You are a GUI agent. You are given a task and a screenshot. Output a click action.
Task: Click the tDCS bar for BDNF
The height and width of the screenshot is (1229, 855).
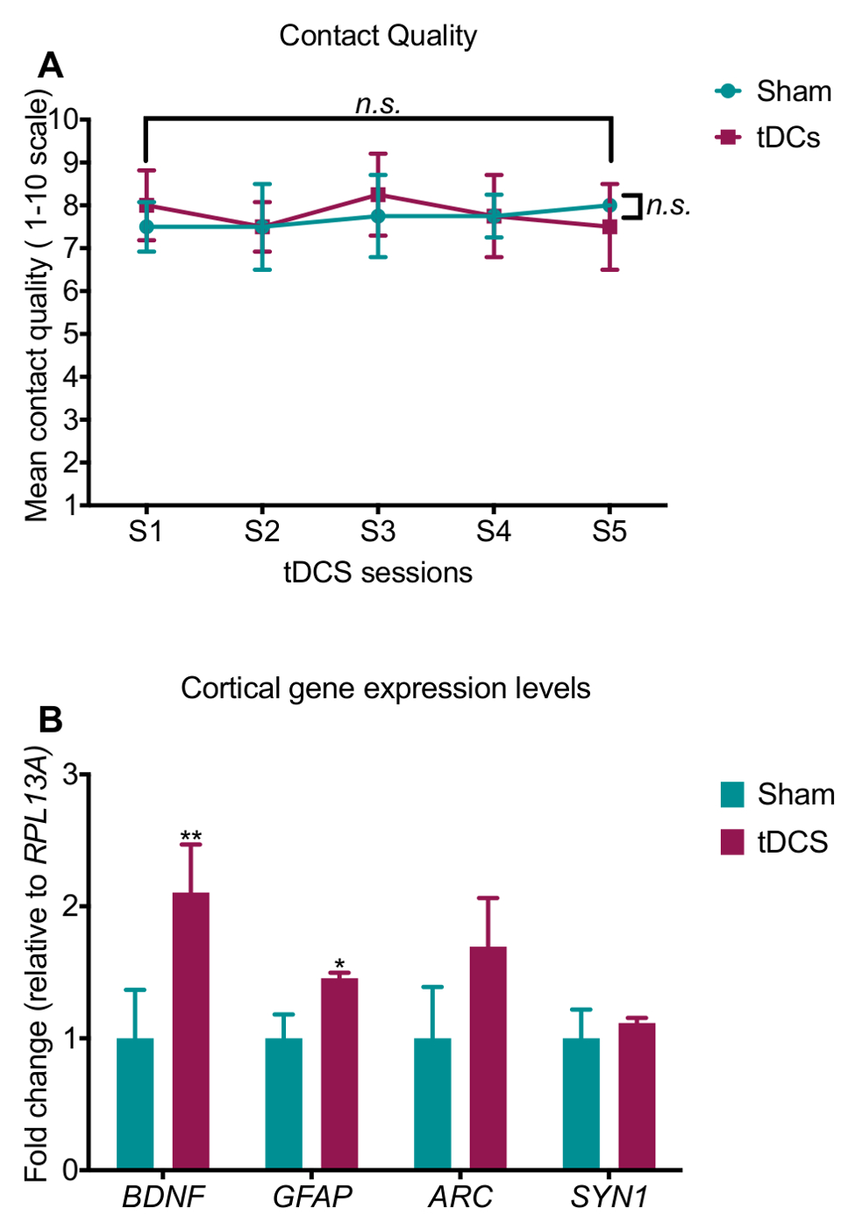point(190,1031)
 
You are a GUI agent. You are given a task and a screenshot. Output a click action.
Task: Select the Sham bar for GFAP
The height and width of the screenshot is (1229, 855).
point(283,1104)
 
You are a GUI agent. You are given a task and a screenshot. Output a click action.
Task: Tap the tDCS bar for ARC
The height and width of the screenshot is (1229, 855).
point(488,1057)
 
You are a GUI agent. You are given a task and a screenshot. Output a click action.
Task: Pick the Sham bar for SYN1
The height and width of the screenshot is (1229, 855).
point(581,1104)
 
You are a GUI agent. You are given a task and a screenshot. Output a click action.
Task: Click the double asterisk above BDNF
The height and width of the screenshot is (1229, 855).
point(190,836)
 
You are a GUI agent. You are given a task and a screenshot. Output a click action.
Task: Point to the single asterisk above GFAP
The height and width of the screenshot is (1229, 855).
point(339,964)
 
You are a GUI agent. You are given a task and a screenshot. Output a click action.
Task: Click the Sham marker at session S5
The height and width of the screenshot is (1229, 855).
point(609,205)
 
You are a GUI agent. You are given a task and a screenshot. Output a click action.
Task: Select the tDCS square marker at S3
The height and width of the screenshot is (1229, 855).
point(378,195)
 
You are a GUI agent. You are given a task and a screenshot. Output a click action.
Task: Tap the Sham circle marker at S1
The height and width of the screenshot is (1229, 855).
point(146,226)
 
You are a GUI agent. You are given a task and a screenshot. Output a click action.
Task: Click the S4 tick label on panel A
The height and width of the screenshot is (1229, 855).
point(494,532)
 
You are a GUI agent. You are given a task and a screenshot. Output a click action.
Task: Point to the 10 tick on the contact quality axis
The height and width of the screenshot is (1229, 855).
point(65,119)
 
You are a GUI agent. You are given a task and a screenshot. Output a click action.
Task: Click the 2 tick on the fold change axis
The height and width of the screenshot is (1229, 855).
point(70,905)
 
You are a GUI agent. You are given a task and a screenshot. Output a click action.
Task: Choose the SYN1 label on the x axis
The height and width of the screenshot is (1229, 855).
point(609,1197)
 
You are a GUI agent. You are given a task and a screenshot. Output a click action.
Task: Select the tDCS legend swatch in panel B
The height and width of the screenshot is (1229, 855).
point(732,841)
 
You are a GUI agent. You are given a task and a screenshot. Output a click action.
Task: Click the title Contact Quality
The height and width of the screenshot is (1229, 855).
point(378,36)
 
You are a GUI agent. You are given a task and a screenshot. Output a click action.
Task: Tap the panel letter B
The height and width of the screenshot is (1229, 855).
point(51,719)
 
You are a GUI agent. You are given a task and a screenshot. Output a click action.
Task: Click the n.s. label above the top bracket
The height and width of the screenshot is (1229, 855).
point(378,104)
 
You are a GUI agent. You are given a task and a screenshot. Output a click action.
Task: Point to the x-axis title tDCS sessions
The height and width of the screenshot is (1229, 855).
point(378,573)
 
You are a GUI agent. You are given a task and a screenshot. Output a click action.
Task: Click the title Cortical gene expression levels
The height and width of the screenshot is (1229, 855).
point(385,689)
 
